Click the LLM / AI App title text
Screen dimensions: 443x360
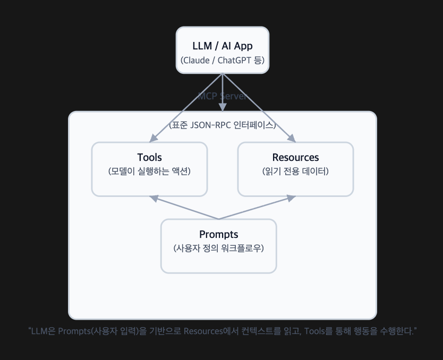click(x=223, y=46)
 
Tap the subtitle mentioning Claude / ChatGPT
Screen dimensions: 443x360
click(x=223, y=59)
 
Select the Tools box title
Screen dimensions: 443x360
click(x=149, y=158)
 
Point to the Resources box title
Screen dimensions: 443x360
click(x=295, y=158)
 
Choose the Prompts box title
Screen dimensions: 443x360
click(x=218, y=235)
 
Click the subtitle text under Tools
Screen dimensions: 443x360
click(x=149, y=172)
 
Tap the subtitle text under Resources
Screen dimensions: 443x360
click(x=295, y=172)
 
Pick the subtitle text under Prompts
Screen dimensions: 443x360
click(x=218, y=248)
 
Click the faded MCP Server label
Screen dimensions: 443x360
click(x=223, y=96)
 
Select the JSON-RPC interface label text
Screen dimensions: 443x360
click(x=223, y=126)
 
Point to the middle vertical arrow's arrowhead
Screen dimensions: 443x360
click(x=223, y=108)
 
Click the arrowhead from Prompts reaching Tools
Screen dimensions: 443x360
click(x=154, y=198)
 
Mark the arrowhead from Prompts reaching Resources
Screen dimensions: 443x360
click(x=292, y=198)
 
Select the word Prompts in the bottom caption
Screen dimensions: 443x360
click(x=74, y=332)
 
